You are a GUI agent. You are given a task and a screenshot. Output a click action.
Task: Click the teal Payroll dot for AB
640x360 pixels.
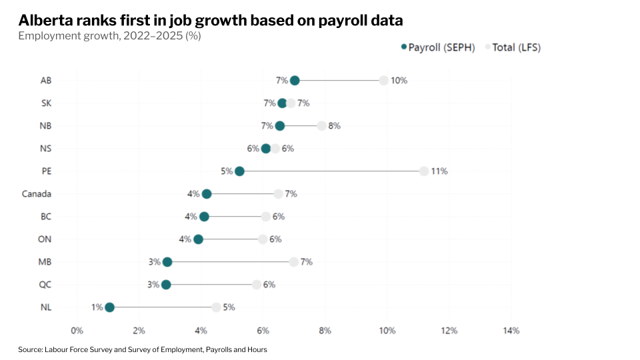click(x=295, y=81)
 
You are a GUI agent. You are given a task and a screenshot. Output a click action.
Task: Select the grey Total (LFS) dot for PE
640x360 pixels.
click(x=424, y=171)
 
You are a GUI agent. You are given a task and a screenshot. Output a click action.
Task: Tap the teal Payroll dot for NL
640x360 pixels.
click(x=109, y=307)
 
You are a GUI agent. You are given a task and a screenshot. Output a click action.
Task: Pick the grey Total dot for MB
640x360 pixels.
click(x=294, y=262)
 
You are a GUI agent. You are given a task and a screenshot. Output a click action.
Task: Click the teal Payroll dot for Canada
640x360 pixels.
click(x=207, y=194)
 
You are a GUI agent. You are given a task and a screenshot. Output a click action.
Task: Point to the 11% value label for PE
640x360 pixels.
click(x=439, y=171)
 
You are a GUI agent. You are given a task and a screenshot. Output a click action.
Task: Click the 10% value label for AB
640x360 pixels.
click(x=399, y=81)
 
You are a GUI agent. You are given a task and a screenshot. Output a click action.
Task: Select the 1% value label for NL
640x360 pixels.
click(x=97, y=307)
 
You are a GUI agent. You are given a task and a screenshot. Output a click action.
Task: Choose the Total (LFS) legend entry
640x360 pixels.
click(x=517, y=47)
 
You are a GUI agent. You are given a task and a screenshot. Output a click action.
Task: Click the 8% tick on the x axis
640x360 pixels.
click(x=325, y=331)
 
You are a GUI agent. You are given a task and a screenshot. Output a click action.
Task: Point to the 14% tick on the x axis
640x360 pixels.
click(x=511, y=331)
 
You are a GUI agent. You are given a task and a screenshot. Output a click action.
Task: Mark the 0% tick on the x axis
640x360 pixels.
click(x=77, y=331)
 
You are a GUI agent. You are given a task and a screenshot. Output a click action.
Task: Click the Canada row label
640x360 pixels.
click(x=37, y=194)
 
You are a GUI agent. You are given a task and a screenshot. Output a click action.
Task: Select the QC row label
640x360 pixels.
click(x=45, y=285)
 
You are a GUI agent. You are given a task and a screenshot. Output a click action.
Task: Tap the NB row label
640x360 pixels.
click(x=45, y=126)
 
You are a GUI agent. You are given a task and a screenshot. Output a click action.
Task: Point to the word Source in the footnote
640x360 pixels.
click(x=30, y=349)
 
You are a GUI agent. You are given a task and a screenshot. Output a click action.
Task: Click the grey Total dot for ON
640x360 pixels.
click(x=263, y=239)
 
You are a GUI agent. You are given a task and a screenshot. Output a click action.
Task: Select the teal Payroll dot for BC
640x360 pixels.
click(x=204, y=217)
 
